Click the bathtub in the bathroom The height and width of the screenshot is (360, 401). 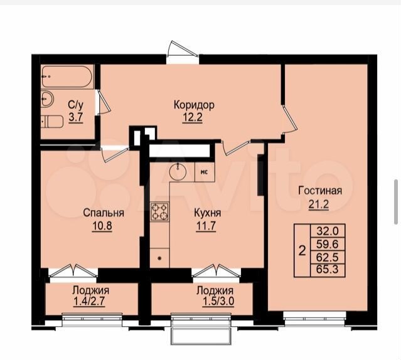[67, 77]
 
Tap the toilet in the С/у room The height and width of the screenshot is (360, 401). [52, 122]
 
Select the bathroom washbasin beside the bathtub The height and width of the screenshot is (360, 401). [47, 98]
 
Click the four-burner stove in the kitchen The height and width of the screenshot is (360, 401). [159, 211]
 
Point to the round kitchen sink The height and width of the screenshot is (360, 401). [178, 171]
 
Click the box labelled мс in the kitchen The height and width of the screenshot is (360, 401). [205, 172]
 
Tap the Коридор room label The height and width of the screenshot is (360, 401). [194, 105]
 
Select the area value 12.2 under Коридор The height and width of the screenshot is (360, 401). [192, 118]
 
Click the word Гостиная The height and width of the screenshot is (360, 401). [320, 191]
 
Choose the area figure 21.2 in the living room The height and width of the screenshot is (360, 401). [319, 204]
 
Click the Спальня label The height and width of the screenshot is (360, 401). [104, 213]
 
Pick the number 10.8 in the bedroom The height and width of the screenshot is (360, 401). [102, 226]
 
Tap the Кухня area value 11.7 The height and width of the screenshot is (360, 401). [206, 226]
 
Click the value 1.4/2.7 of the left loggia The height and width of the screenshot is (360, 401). [89, 302]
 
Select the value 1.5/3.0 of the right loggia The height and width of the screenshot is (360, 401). [218, 302]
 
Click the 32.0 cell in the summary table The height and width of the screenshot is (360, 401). [328, 231]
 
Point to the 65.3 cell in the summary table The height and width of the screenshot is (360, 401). [328, 269]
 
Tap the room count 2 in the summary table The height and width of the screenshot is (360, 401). [302, 251]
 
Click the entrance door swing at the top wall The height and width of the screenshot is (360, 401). [182, 50]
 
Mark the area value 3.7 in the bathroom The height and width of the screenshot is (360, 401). [76, 118]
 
